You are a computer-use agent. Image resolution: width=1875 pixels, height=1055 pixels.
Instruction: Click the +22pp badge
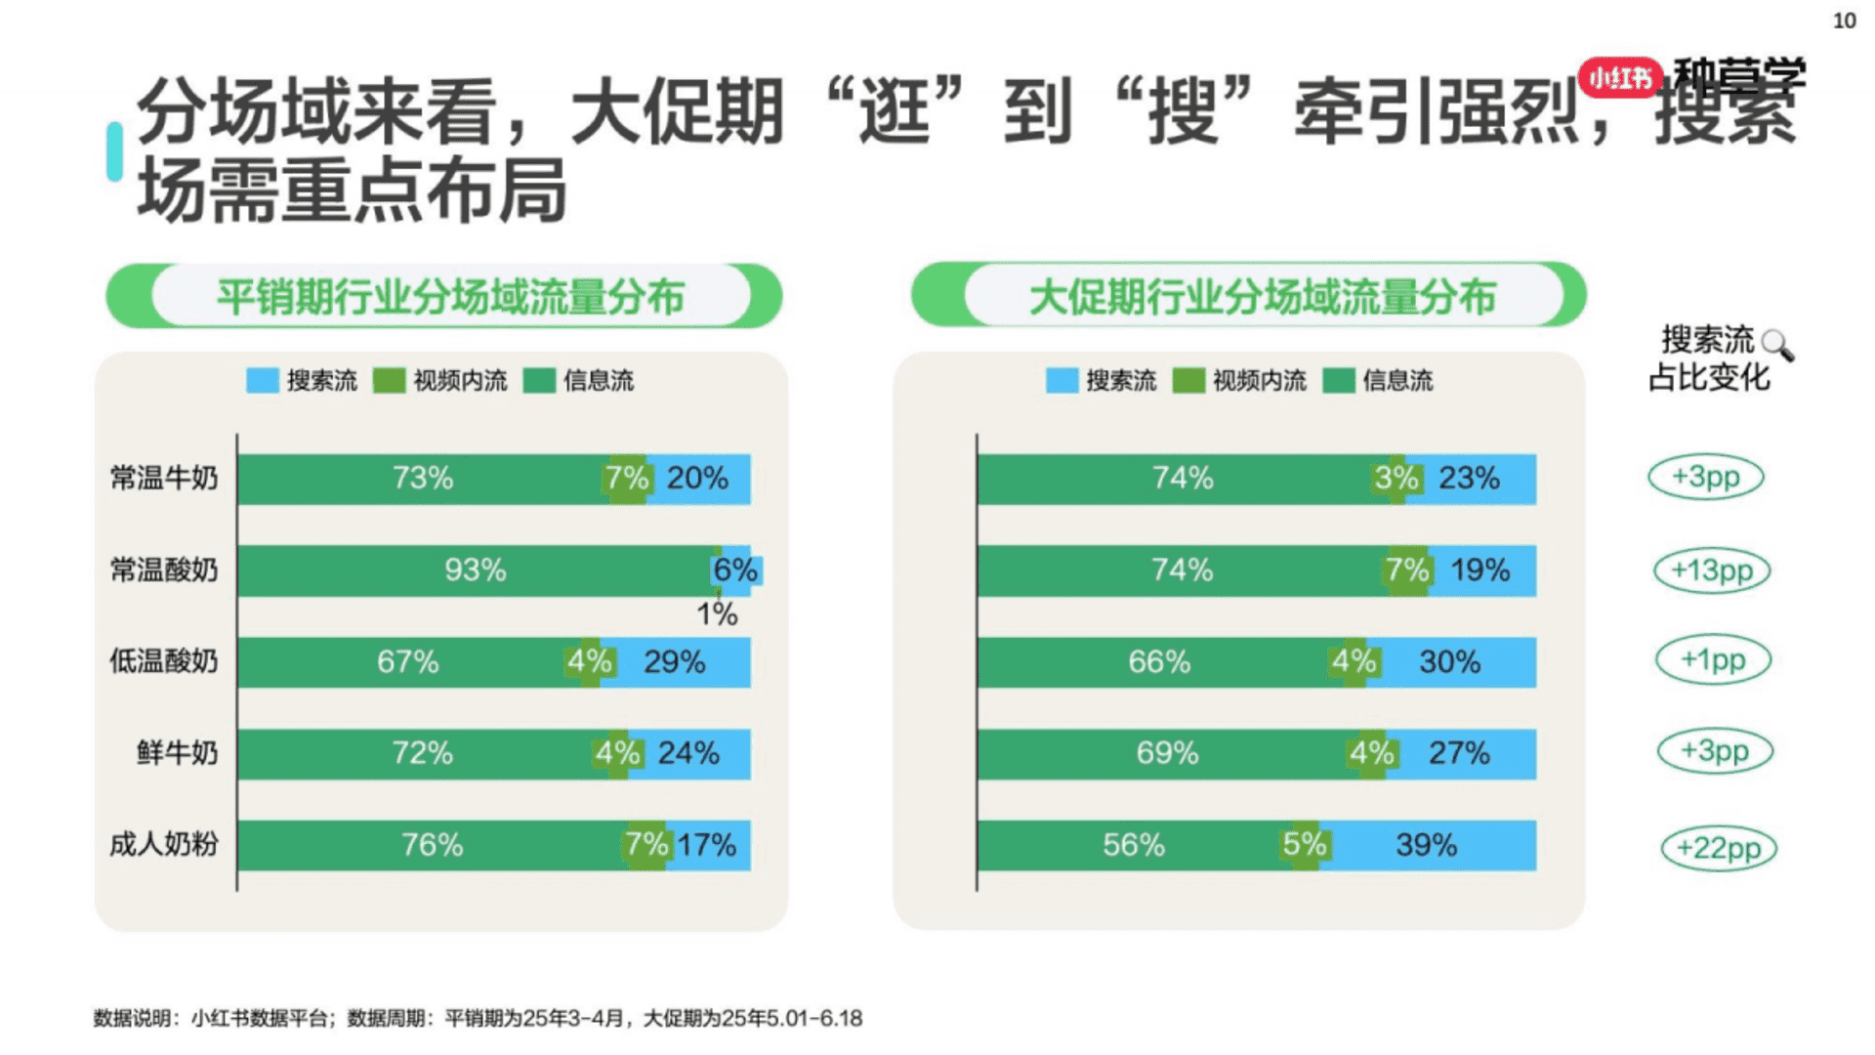1718,848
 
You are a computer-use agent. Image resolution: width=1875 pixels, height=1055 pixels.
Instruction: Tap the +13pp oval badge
1711,570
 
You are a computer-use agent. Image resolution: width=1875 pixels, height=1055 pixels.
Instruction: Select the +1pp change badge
1712,659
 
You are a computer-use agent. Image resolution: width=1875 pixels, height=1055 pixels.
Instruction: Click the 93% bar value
476,570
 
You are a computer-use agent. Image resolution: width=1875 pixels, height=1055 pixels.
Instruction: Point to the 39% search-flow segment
1426,845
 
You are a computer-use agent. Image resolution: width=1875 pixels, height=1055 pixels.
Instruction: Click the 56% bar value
1133,845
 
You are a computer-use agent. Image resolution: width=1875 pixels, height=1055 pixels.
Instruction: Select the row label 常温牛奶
164,479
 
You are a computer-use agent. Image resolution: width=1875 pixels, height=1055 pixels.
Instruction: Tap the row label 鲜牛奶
177,753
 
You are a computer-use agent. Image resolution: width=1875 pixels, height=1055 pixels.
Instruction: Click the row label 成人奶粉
164,844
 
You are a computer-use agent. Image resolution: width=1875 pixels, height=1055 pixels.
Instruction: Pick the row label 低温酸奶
164,661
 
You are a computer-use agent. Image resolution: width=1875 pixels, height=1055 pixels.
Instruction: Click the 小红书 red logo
1620,76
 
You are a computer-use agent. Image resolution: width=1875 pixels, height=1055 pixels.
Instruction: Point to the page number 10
1844,21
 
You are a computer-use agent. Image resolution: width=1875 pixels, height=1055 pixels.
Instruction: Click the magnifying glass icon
1776,345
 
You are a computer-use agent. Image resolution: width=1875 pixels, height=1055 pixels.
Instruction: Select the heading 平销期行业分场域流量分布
450,297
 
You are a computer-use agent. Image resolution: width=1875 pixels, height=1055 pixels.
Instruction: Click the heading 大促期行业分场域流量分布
1262,297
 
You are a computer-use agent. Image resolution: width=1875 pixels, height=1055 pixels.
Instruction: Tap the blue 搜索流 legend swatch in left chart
263,380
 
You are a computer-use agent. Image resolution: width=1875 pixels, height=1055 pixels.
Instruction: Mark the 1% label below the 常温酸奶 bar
717,614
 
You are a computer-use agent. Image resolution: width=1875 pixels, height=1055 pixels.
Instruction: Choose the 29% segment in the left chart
675,662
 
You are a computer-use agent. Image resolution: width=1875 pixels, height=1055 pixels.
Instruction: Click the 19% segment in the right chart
1479,570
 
